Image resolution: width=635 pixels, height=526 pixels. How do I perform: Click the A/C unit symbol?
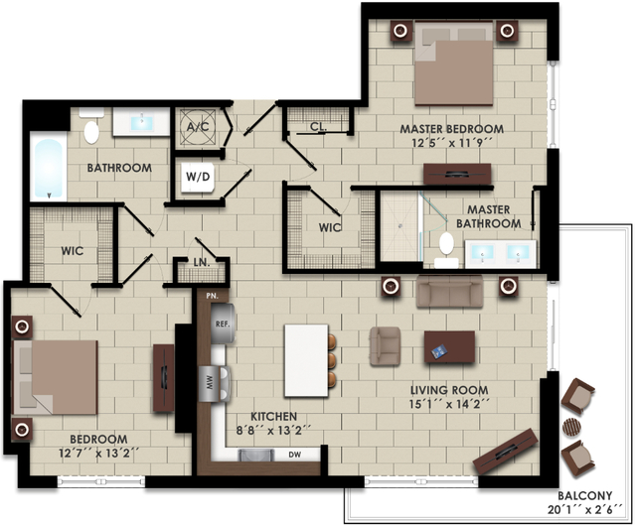(198, 127)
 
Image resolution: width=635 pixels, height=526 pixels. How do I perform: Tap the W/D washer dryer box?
(198, 177)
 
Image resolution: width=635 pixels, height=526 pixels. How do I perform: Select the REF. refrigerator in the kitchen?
(223, 324)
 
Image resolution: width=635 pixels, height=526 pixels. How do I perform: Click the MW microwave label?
(210, 383)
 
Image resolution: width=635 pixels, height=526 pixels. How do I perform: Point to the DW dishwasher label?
(295, 455)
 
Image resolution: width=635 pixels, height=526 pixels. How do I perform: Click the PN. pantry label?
(212, 296)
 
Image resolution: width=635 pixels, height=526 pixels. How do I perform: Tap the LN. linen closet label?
(202, 262)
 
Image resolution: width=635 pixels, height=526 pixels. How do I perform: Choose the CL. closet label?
(318, 127)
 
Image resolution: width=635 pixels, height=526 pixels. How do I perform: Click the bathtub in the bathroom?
(49, 169)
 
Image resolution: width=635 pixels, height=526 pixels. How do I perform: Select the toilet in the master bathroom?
(446, 249)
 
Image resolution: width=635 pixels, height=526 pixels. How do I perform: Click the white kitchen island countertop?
(306, 360)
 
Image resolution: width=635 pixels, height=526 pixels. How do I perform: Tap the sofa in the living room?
(449, 291)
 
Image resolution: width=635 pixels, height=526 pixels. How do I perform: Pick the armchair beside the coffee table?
(385, 346)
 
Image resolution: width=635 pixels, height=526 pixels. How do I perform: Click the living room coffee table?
(449, 347)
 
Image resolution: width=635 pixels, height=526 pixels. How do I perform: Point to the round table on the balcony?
(571, 427)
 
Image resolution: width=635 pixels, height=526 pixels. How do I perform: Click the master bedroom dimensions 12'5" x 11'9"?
(452, 143)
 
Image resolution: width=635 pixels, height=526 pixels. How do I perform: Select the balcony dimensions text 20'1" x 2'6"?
(585, 510)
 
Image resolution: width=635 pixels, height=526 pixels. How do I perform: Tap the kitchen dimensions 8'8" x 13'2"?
(273, 430)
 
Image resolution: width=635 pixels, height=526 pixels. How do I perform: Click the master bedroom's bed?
(454, 64)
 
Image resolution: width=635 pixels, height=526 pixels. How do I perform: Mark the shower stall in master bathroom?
(399, 226)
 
